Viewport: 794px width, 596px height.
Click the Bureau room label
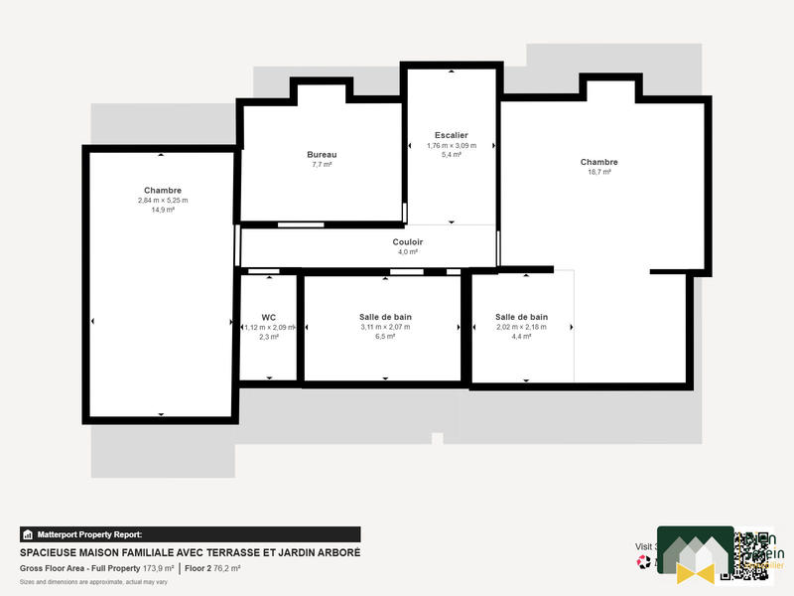pyautogui.click(x=321, y=155)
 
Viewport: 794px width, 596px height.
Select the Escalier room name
pyautogui.click(x=451, y=135)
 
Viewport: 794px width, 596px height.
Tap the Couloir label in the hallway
pyautogui.click(x=408, y=241)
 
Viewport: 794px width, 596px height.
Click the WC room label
pyautogui.click(x=268, y=317)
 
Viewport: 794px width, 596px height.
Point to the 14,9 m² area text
pyautogui.click(x=163, y=210)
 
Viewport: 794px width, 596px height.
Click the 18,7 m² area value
pyautogui.click(x=599, y=172)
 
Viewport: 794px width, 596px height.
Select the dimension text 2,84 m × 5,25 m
pyautogui.click(x=163, y=200)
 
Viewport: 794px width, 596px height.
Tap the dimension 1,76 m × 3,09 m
pyautogui.click(x=451, y=145)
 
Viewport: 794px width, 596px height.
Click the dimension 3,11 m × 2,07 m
pyautogui.click(x=385, y=327)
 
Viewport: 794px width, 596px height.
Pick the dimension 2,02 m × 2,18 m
pyautogui.click(x=521, y=327)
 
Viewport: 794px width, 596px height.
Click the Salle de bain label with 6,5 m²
pyautogui.click(x=385, y=317)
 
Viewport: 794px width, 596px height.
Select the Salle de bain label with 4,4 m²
pyautogui.click(x=521, y=317)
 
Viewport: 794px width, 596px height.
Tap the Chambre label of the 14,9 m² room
pyautogui.click(x=163, y=190)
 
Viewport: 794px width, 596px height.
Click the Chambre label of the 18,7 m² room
pyautogui.click(x=599, y=162)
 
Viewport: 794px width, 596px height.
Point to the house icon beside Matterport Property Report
pyautogui.click(x=28, y=533)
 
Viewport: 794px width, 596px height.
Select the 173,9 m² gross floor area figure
pyautogui.click(x=159, y=568)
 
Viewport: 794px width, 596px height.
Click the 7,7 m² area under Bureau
pyautogui.click(x=321, y=165)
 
